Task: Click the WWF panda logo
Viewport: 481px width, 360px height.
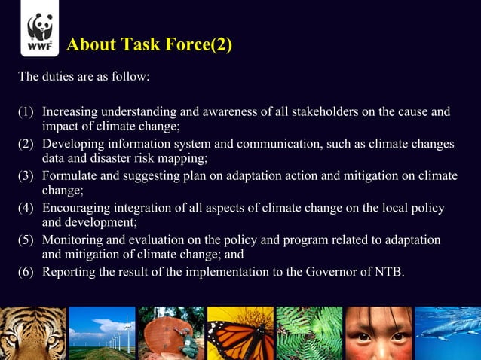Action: point(39,33)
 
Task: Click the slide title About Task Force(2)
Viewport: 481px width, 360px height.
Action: point(149,45)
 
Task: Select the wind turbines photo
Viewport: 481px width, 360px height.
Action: point(102,333)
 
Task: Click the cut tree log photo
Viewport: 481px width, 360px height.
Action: point(171,333)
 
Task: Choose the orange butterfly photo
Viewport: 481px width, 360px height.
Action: point(240,333)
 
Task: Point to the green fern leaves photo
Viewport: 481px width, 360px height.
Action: point(309,333)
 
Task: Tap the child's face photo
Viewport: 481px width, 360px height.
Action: point(378,333)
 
